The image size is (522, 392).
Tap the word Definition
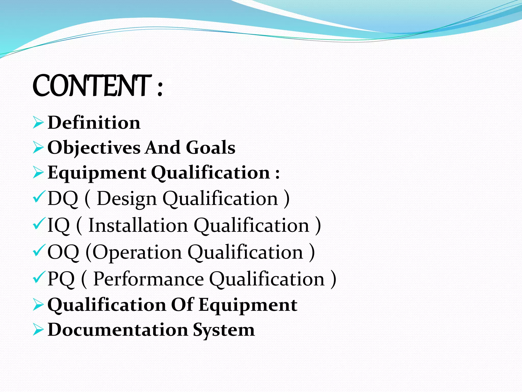point(94,123)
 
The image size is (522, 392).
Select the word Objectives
point(94,148)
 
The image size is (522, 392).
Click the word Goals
point(211,148)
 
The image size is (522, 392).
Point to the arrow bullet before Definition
point(38,123)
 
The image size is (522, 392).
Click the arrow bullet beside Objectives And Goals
point(38,148)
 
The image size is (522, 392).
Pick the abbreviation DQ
point(62,198)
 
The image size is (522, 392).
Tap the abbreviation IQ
point(58,225)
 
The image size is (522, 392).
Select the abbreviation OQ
point(63,252)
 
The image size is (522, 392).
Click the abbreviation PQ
point(61,279)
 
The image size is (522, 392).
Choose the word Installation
point(138,225)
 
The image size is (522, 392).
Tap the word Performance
point(148,279)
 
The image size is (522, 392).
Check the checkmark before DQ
point(39,197)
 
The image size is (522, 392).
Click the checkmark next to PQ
point(39,277)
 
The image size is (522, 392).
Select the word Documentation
point(118,330)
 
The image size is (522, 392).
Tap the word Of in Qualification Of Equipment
point(182,305)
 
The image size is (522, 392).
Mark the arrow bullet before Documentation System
point(38,330)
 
